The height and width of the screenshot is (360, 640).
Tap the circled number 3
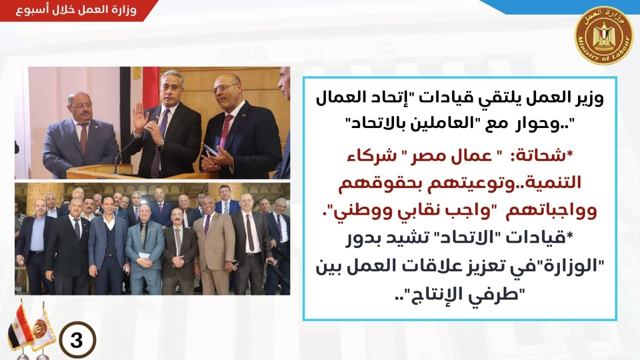[78, 340]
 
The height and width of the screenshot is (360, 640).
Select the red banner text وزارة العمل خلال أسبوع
[76, 10]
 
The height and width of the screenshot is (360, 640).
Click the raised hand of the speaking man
[140, 118]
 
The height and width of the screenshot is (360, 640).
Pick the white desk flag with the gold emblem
[43, 332]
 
